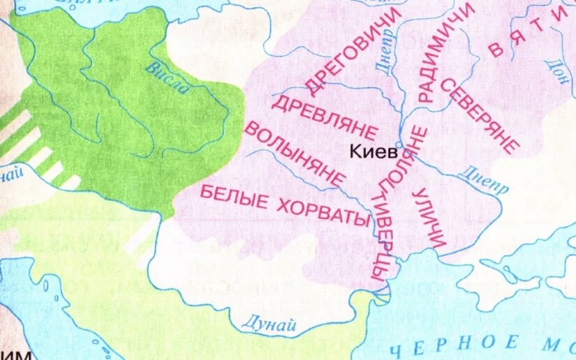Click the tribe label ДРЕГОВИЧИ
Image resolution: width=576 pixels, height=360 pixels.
(354, 52)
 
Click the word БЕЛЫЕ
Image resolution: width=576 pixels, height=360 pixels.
(230, 198)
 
